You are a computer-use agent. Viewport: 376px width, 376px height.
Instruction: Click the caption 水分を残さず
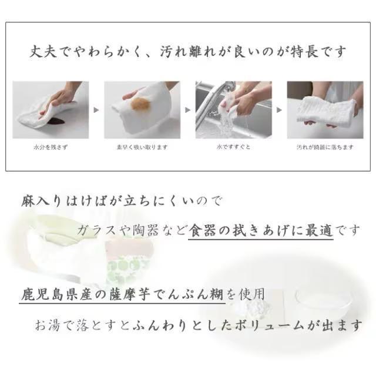[x=51, y=147]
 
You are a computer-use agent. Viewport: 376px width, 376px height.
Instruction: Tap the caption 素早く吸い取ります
[x=142, y=147]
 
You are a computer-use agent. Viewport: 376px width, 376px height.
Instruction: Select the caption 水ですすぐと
[x=234, y=147]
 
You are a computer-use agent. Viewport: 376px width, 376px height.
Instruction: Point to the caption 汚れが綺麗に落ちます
[x=325, y=147]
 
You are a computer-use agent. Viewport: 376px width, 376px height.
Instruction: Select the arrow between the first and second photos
[x=96, y=110]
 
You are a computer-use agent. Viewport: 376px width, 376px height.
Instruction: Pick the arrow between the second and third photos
[x=188, y=110]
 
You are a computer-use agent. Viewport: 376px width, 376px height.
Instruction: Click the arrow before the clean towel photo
[x=279, y=110]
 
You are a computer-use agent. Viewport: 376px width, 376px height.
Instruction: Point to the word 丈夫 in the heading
[x=43, y=51]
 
